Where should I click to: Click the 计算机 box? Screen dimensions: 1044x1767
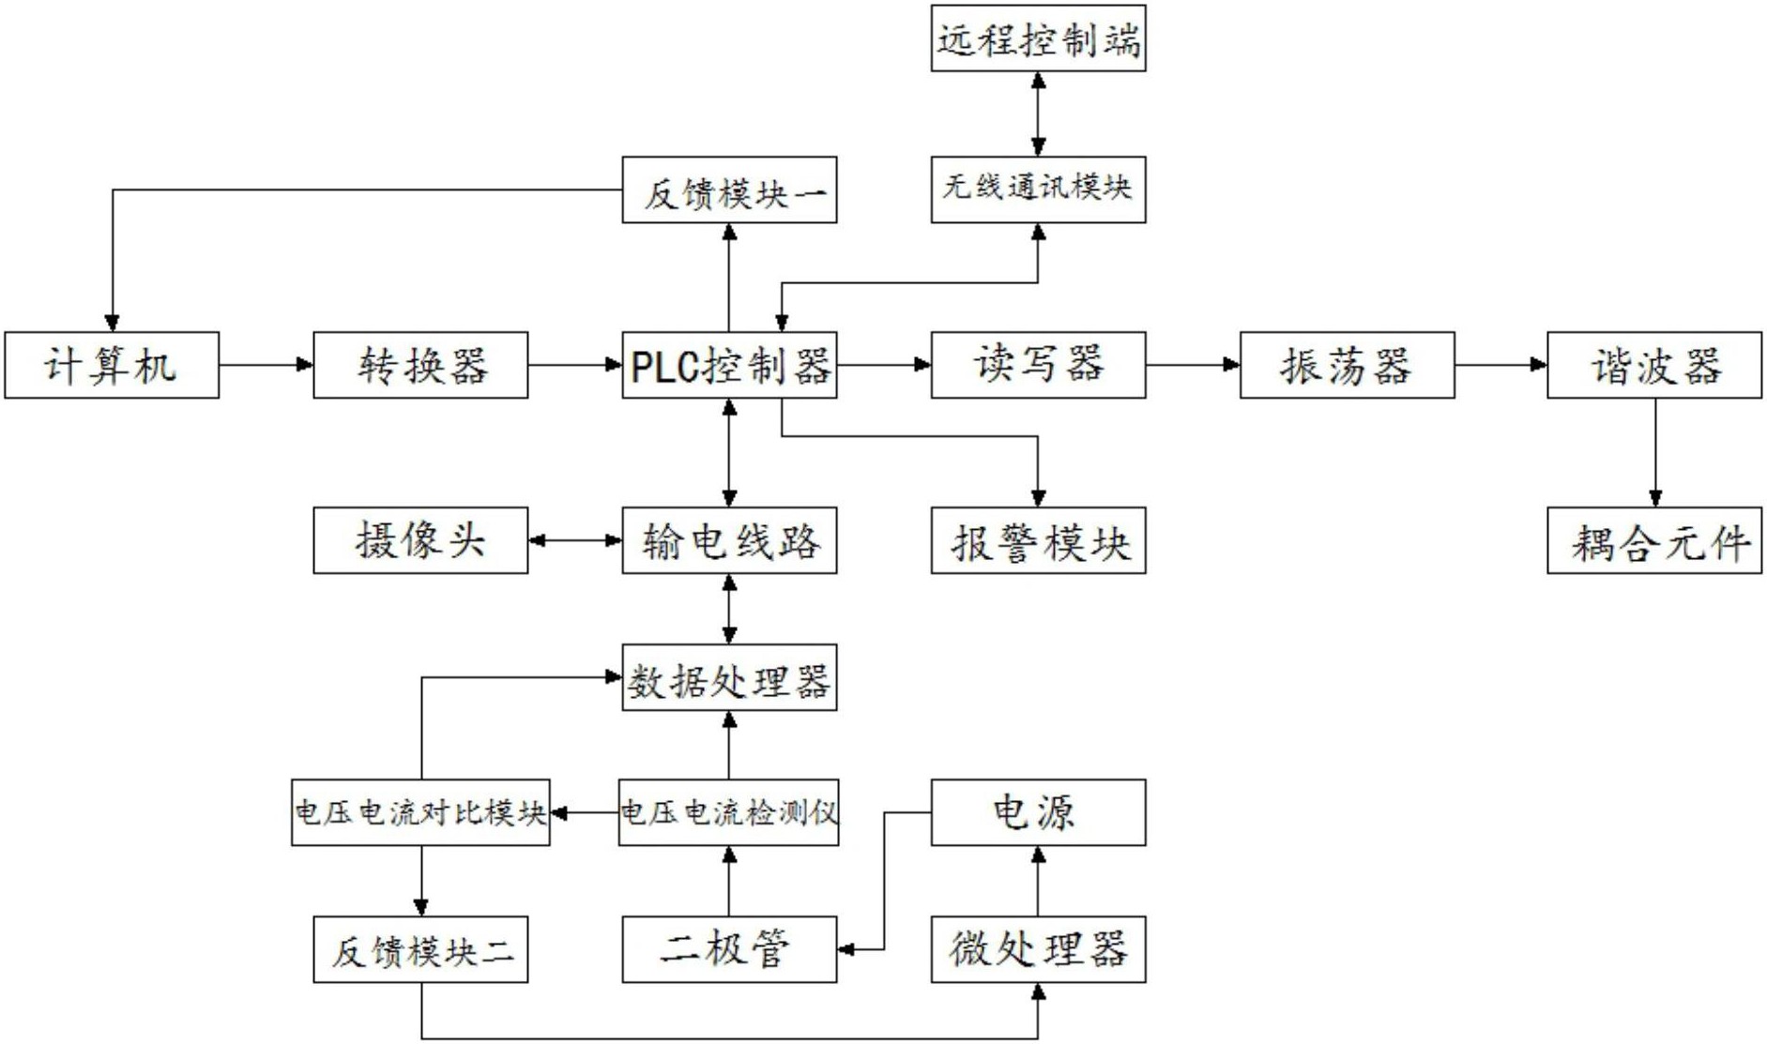(112, 365)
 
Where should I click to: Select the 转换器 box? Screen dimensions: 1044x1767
(420, 365)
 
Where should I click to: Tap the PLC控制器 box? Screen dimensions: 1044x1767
(729, 365)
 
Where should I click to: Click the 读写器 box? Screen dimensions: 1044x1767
(1038, 365)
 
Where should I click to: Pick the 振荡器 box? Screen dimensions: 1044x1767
(1347, 365)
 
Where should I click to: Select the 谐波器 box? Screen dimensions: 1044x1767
(1654, 365)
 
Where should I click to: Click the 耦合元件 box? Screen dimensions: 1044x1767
(1654, 540)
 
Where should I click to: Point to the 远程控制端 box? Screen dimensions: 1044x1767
(1038, 38)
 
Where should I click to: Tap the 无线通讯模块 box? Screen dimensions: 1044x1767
(1038, 189)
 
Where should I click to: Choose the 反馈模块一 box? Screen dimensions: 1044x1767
(729, 189)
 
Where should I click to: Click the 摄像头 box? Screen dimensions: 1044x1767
(420, 540)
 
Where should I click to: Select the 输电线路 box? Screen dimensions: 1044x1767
(729, 540)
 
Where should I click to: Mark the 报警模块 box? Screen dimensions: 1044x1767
(1038, 540)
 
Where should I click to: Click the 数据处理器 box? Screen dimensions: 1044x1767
(729, 677)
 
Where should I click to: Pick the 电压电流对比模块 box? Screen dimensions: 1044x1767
(420, 812)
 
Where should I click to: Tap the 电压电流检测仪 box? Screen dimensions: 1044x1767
(729, 812)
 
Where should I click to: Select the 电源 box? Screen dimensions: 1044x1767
(1038, 812)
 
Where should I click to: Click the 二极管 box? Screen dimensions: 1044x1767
(729, 949)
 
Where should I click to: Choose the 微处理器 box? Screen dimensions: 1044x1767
(1038, 949)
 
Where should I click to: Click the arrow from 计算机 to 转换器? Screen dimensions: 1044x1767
(267, 364)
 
